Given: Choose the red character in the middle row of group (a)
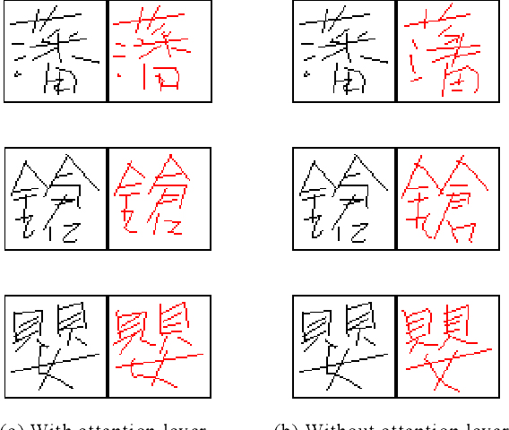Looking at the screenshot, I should click(159, 197).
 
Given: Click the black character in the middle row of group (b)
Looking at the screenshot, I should click(345, 197).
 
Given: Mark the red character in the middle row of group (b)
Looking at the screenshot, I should click(448, 197).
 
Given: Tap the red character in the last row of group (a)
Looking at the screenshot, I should click(159, 345).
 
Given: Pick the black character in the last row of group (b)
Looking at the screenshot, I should click(345, 345).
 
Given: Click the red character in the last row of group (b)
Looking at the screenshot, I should click(448, 345).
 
